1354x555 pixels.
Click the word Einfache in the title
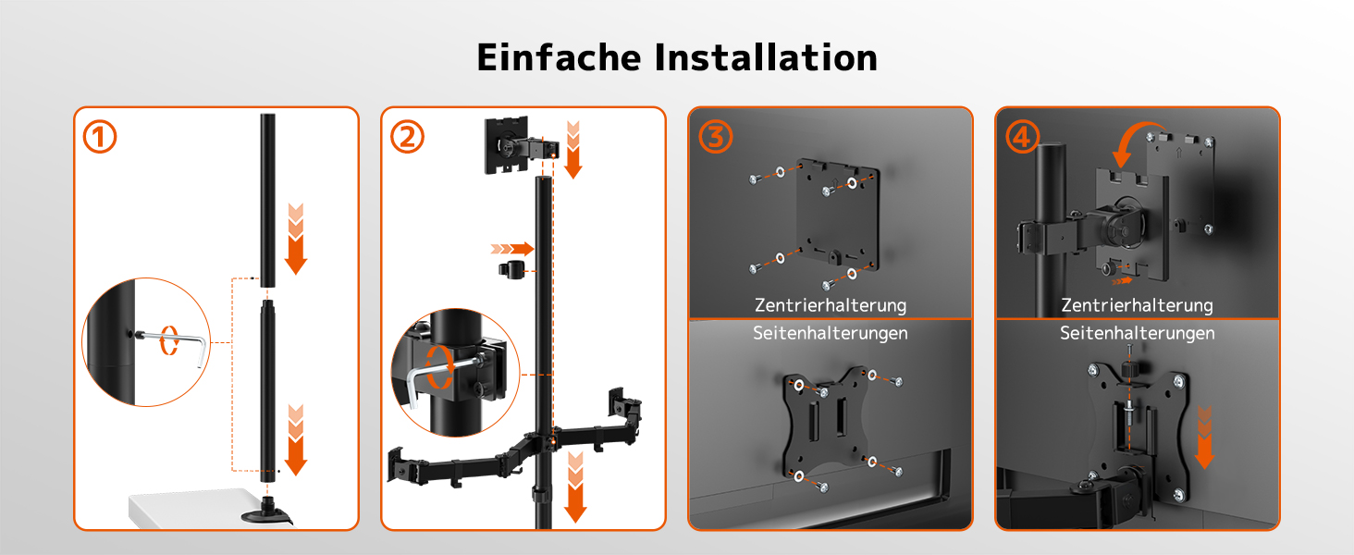[559, 58]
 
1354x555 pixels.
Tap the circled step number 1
[100, 137]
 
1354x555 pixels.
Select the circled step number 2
[407, 137]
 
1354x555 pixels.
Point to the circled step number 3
[716, 137]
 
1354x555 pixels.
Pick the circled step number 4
[1022, 137]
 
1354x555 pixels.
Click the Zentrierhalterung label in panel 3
[831, 305]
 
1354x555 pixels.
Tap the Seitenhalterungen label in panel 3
[831, 333]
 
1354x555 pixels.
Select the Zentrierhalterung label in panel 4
[1137, 305]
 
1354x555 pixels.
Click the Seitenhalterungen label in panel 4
[1137, 333]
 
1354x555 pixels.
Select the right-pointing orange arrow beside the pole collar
[512, 249]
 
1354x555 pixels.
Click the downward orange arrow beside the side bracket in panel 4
[1204, 438]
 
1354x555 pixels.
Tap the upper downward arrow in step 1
[296, 239]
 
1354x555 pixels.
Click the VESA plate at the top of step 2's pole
[507, 144]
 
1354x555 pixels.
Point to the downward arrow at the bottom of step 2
[575, 487]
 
